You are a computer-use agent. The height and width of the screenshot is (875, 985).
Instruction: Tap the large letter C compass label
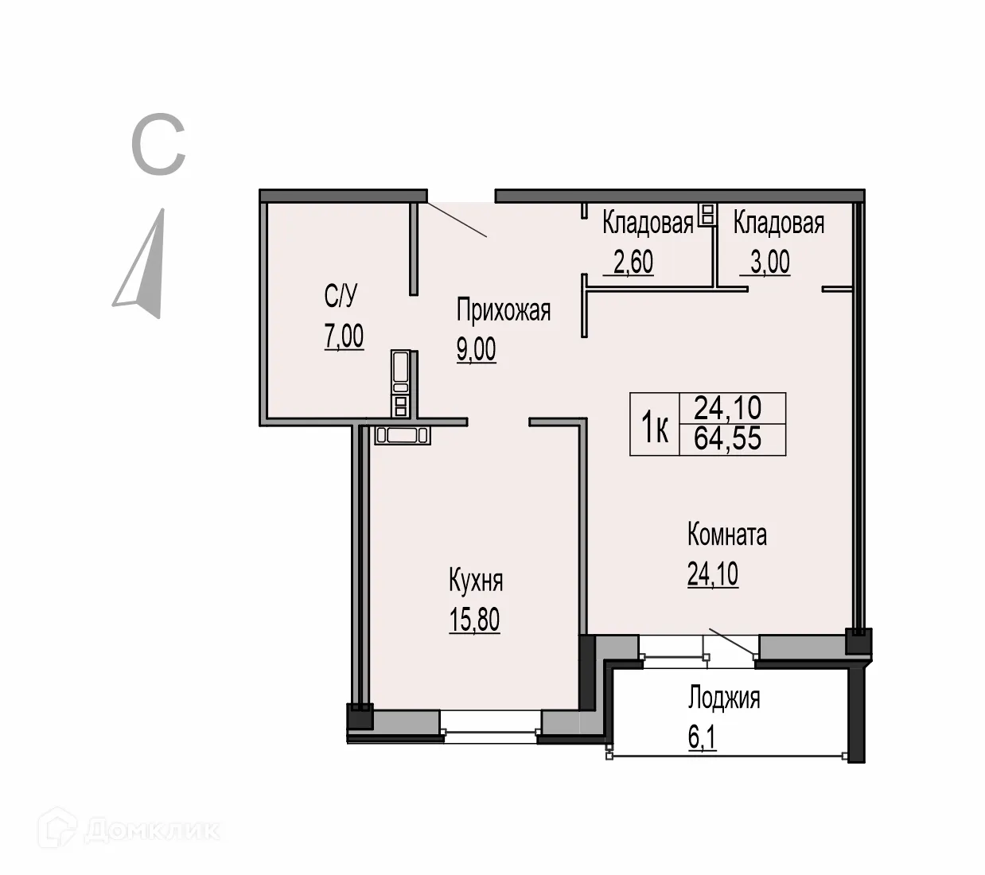(158, 145)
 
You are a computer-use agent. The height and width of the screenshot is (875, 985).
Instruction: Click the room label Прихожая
(503, 310)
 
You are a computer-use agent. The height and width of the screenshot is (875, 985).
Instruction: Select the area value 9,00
(476, 349)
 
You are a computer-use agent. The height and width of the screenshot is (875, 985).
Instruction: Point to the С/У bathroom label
(341, 297)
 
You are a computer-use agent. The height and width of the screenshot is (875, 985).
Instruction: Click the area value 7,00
(344, 336)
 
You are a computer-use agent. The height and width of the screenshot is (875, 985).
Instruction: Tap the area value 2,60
(633, 262)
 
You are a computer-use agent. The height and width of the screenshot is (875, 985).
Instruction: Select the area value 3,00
(769, 262)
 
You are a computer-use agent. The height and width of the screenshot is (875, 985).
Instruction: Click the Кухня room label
(476, 581)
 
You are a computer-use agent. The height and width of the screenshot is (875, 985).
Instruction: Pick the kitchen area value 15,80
(474, 620)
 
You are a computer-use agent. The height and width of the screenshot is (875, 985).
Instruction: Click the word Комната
(726, 535)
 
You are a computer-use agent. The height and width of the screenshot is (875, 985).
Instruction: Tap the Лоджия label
(723, 698)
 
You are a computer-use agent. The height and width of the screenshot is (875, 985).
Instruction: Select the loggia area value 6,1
(702, 738)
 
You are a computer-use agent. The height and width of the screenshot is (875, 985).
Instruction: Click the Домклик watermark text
(151, 830)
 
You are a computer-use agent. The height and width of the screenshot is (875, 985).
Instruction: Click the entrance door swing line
(457, 220)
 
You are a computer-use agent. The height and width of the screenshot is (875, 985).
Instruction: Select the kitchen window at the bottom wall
(490, 725)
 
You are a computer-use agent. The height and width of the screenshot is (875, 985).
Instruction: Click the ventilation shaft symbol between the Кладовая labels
(705, 214)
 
